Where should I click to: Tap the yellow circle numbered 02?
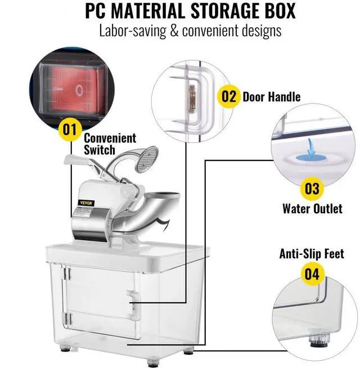(228, 96)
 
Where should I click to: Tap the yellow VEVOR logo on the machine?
(87, 203)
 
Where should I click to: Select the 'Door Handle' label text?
(271, 97)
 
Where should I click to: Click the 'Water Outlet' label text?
(312, 209)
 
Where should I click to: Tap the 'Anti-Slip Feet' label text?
(312, 254)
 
